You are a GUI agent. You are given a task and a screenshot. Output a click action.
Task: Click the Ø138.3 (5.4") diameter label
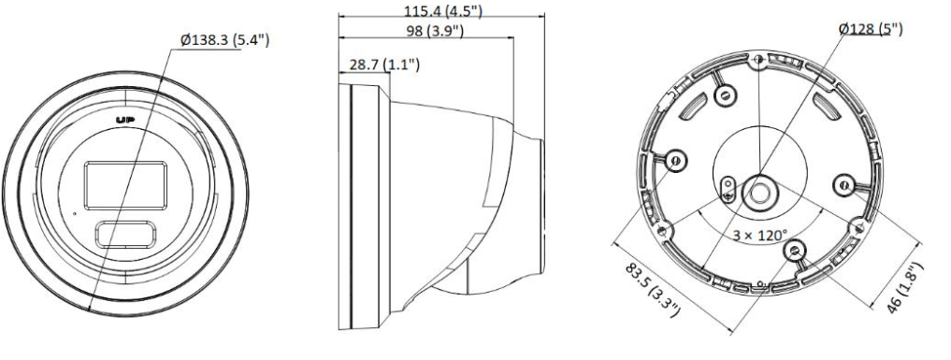point(225,40)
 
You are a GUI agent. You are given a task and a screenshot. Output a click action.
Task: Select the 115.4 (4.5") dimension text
point(443,10)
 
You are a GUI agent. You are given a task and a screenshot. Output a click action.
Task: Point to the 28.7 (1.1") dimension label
point(384,65)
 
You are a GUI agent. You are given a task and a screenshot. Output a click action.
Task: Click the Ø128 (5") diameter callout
point(871,28)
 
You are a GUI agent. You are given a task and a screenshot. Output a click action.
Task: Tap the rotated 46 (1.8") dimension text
point(905,288)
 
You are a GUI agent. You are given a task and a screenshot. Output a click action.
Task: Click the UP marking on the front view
point(125,120)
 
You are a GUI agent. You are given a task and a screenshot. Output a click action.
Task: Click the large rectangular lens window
point(125,185)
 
